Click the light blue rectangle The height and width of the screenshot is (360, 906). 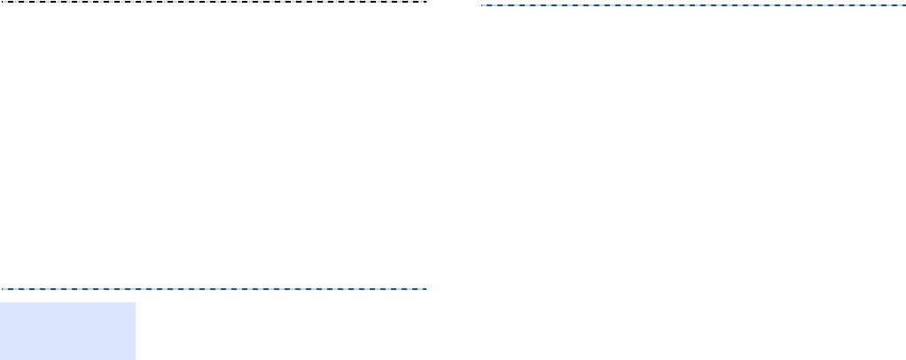click(67, 330)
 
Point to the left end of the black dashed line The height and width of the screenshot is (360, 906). click(2, 2)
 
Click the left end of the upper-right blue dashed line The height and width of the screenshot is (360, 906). click(481, 5)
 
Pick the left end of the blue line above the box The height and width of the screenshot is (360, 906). click(2, 289)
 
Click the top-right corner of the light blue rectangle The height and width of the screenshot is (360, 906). click(135, 303)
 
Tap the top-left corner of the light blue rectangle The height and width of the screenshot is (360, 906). click(0, 303)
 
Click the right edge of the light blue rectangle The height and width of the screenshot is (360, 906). click(135, 330)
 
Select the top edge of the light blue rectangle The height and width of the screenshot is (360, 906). click(67, 303)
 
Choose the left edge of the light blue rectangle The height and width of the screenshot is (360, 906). click(0, 330)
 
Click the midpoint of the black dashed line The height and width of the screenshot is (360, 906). click(215, 2)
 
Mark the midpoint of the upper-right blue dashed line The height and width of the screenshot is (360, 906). click(693, 5)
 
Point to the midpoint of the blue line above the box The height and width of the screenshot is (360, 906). click(215, 289)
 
